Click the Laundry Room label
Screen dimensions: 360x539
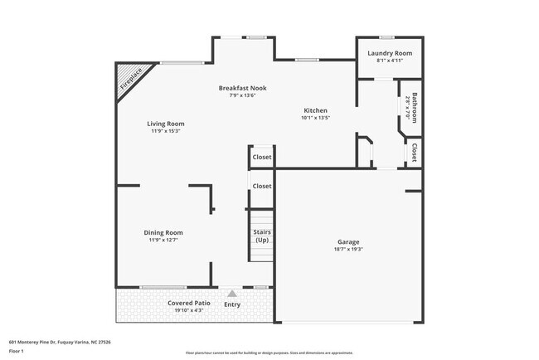[x=389, y=52]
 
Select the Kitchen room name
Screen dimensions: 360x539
[x=315, y=110]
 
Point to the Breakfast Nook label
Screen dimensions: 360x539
[x=242, y=88]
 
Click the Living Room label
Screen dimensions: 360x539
[x=166, y=124]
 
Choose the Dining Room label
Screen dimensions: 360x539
[x=163, y=232]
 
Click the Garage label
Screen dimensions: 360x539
[x=347, y=242]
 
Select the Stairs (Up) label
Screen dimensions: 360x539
[x=262, y=236]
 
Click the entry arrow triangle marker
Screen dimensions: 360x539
[x=232, y=293]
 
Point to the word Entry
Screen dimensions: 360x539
[x=232, y=304]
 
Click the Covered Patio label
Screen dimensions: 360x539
[x=189, y=303]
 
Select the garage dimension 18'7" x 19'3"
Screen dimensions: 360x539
[x=347, y=250]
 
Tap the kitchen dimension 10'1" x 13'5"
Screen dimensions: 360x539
[x=315, y=118]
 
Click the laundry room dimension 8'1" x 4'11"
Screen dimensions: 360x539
[x=389, y=60]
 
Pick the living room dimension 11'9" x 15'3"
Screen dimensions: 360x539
[x=166, y=131]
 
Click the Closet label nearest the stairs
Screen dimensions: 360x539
[x=262, y=186]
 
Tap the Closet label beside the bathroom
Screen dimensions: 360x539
[x=413, y=153]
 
